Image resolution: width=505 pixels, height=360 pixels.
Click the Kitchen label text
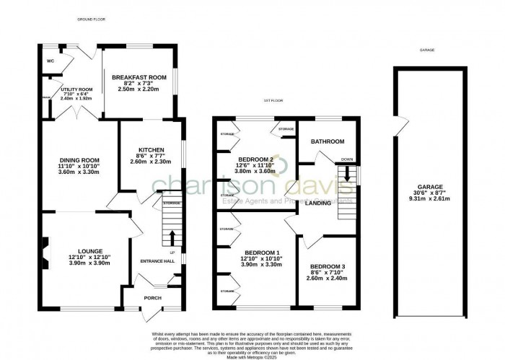pos(151,150)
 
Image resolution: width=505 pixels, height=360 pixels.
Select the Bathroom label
pos(327,141)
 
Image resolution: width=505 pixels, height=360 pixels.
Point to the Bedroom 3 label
pos(327,267)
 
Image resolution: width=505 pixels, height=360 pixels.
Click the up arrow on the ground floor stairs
pos(172,238)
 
